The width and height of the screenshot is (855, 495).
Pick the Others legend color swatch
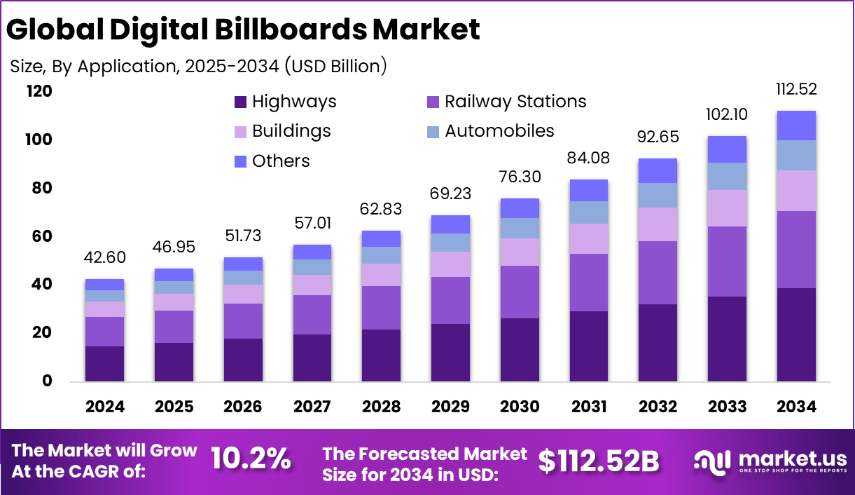[x=241, y=161]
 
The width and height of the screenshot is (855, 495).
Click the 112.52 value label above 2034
[x=796, y=90]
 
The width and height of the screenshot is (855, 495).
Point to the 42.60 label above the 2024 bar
[x=104, y=258]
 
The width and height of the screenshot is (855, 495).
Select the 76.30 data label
[x=520, y=177]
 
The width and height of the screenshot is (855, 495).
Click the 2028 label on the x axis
[x=381, y=407]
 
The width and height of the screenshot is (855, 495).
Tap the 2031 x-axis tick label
[x=589, y=407]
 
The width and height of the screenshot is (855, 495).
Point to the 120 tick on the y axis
[x=39, y=92]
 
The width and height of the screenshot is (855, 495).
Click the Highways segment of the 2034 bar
[x=796, y=334]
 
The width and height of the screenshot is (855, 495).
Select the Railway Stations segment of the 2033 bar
[x=727, y=262]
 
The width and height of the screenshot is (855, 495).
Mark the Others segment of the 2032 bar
[x=658, y=170]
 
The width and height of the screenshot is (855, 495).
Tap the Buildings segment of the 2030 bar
[x=520, y=252]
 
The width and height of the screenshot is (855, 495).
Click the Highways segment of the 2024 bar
[x=104, y=364]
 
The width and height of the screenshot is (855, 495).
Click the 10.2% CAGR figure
[x=251, y=459]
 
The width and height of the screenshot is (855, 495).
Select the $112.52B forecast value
[x=599, y=460]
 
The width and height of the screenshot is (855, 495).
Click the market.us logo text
[x=791, y=460]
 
